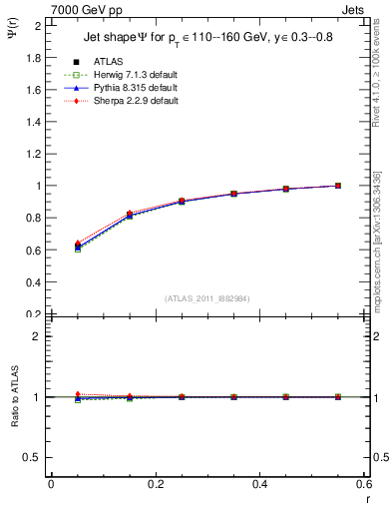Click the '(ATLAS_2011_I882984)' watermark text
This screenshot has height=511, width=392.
tap(206, 298)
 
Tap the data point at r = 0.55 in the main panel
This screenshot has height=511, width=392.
tap(338, 186)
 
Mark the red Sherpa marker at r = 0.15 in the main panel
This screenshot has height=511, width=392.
tap(130, 213)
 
